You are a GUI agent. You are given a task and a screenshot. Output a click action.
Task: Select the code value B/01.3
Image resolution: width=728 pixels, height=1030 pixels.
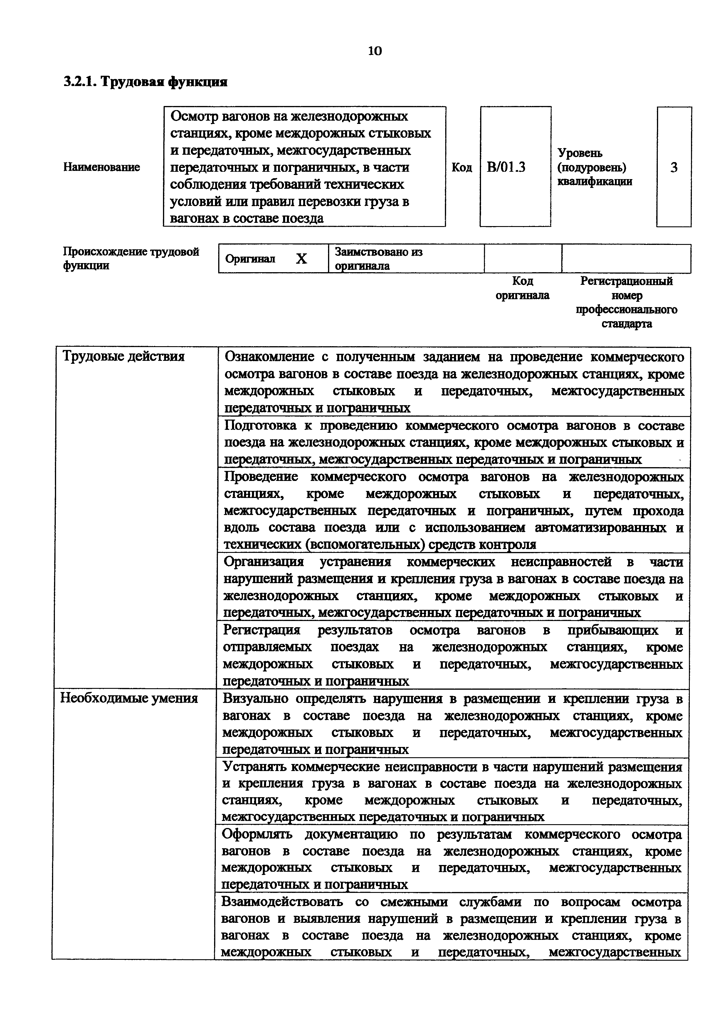[506, 167]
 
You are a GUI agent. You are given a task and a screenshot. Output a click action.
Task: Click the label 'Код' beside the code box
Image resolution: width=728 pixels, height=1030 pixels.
[462, 167]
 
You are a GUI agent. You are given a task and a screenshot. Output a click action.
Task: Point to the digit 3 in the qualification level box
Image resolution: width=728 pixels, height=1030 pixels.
[674, 167]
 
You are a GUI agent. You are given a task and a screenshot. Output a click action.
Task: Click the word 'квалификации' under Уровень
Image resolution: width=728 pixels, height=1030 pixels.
[595, 182]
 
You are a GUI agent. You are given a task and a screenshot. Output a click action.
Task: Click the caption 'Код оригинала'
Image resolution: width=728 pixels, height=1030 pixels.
[522, 288]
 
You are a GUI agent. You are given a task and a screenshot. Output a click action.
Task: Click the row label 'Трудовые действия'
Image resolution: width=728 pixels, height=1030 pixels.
[124, 357]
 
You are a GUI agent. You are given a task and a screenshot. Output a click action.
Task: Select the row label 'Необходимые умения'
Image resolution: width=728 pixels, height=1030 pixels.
[129, 699]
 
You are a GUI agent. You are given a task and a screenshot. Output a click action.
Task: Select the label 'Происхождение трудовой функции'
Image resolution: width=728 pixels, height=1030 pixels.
[131, 258]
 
